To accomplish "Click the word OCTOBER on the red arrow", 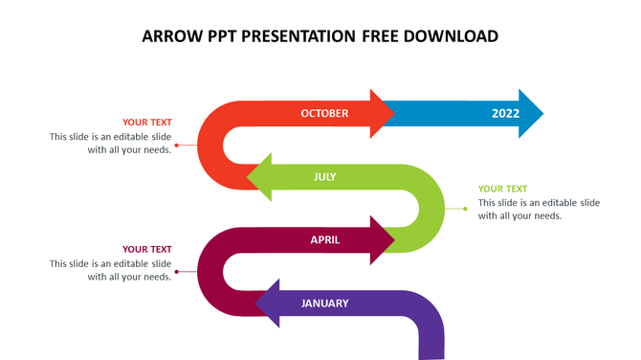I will pyautogui.click(x=324, y=114).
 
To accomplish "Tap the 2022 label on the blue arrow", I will pyautogui.click(x=505, y=114).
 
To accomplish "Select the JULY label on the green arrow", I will pyautogui.click(x=324, y=177).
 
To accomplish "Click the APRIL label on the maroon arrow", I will pyautogui.click(x=325, y=240).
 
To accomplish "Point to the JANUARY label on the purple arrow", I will pyautogui.click(x=324, y=304).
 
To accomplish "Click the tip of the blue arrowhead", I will pyautogui.click(x=541, y=114).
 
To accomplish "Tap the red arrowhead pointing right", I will pyautogui.click(x=383, y=114).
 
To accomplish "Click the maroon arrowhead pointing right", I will pyautogui.click(x=383, y=240).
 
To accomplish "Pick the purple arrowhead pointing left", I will pyautogui.click(x=268, y=304).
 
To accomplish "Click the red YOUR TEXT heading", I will pyautogui.click(x=147, y=123).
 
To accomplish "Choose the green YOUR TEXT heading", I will pyautogui.click(x=503, y=189).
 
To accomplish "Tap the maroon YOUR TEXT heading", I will pyautogui.click(x=147, y=250).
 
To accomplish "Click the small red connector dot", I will pyautogui.click(x=176, y=145).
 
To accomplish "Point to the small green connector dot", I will pyautogui.click(x=466, y=209).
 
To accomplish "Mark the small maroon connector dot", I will pyautogui.click(x=176, y=271).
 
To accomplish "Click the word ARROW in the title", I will pyautogui.click(x=170, y=37).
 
